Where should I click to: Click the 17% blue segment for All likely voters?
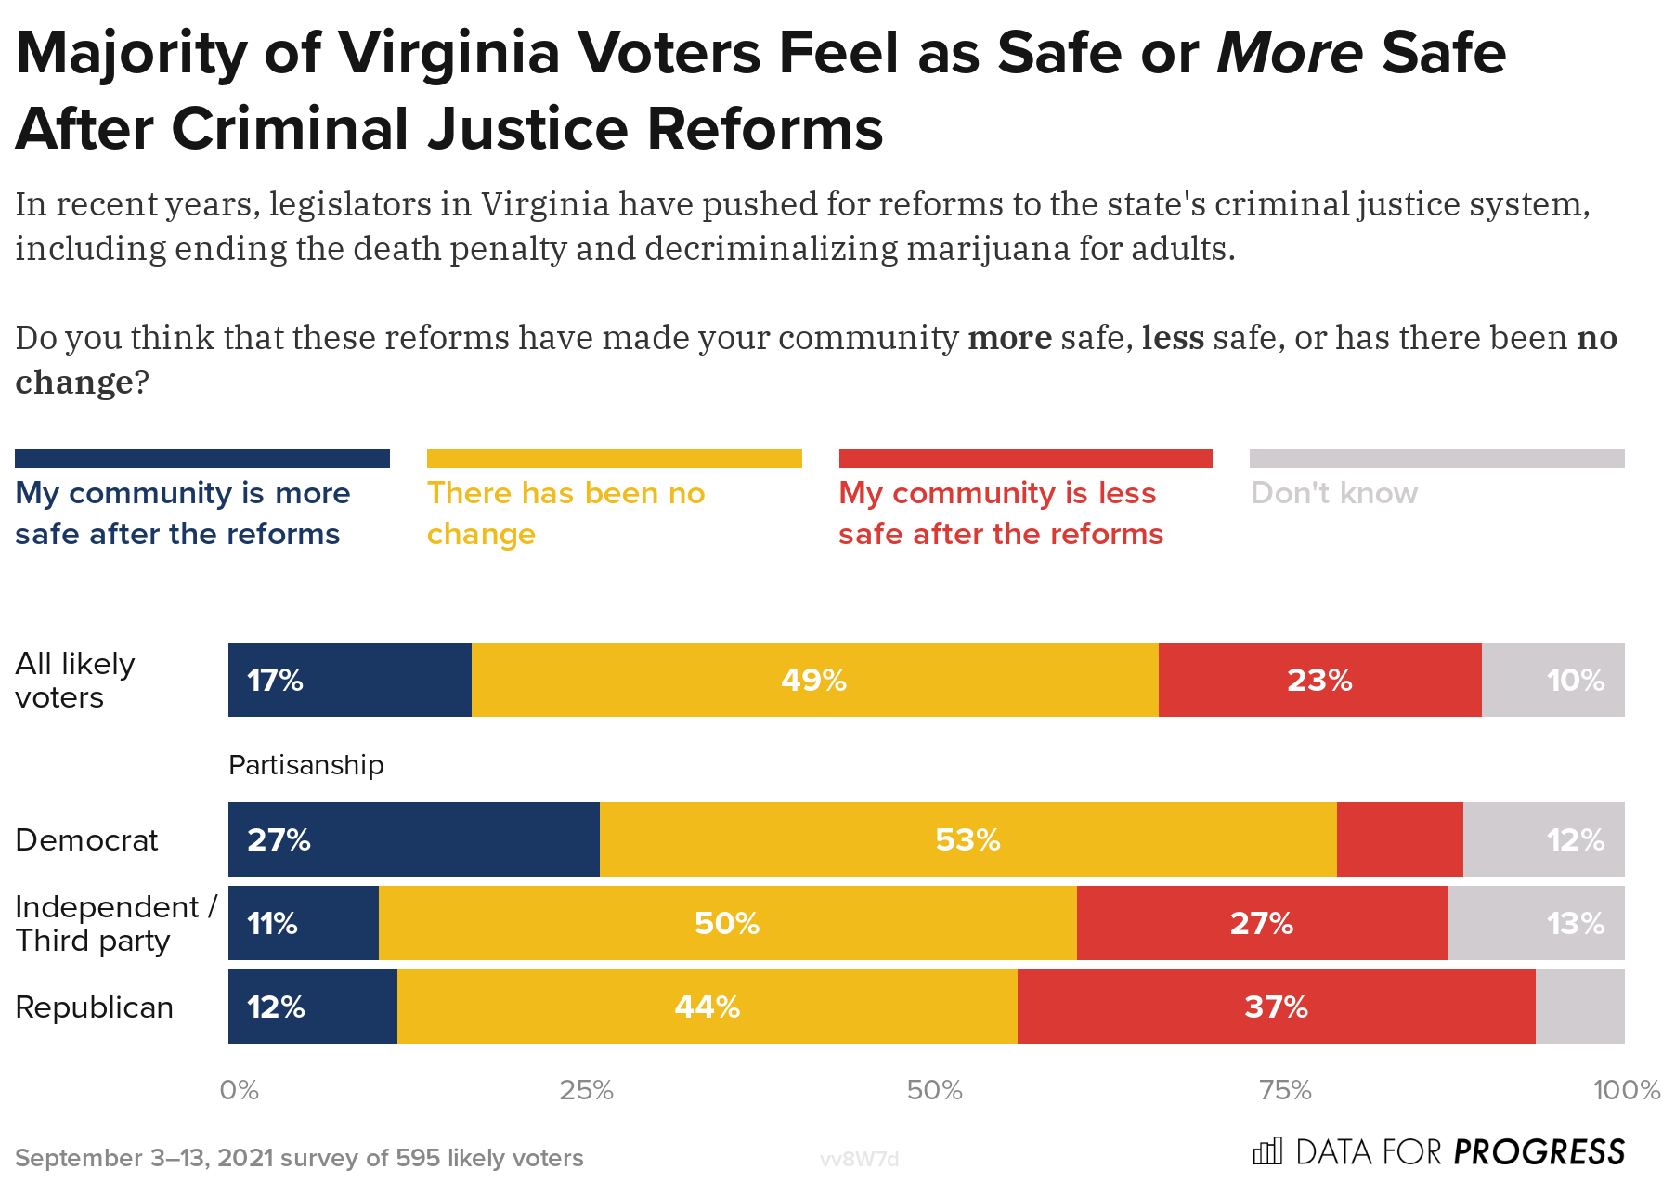pyautogui.click(x=350, y=680)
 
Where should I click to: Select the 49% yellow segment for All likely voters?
pyautogui.click(x=814, y=680)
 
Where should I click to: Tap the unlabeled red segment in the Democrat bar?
pyautogui.click(x=1399, y=839)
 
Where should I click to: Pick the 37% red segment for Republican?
pyautogui.click(x=1276, y=1007)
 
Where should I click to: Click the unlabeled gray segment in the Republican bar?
pyautogui.click(x=1579, y=1007)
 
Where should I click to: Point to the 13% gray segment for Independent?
pyautogui.click(x=1537, y=923)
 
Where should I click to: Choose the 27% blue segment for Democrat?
pyautogui.click(x=413, y=839)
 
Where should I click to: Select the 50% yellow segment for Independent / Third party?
pyautogui.click(x=727, y=923)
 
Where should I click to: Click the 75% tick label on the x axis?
pyautogui.click(x=1285, y=1090)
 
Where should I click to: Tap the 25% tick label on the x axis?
pyautogui.click(x=586, y=1090)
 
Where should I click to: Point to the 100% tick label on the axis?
pyautogui.click(x=1625, y=1090)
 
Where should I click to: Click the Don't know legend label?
pyautogui.click(x=1333, y=493)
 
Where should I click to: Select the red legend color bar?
pyautogui.click(x=1025, y=459)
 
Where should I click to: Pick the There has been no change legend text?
pyautogui.click(x=565, y=513)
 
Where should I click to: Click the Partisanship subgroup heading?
pyautogui.click(x=305, y=765)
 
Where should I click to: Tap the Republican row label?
pyautogui.click(x=94, y=1007)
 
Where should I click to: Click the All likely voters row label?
pyautogui.click(x=74, y=681)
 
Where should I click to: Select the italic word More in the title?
pyautogui.click(x=1289, y=53)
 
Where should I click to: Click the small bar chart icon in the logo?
pyautogui.click(x=1266, y=1151)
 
